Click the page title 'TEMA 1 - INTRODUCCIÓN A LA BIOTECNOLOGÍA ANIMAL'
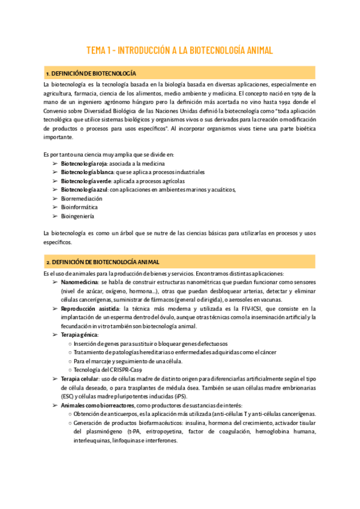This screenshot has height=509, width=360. [180, 50]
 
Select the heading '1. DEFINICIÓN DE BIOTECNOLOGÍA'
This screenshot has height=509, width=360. [91, 73]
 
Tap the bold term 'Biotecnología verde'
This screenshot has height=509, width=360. [84, 181]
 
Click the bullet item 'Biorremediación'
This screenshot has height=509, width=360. [82, 199]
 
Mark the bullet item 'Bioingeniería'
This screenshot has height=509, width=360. [77, 216]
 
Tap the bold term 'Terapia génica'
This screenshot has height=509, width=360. [79, 334]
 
